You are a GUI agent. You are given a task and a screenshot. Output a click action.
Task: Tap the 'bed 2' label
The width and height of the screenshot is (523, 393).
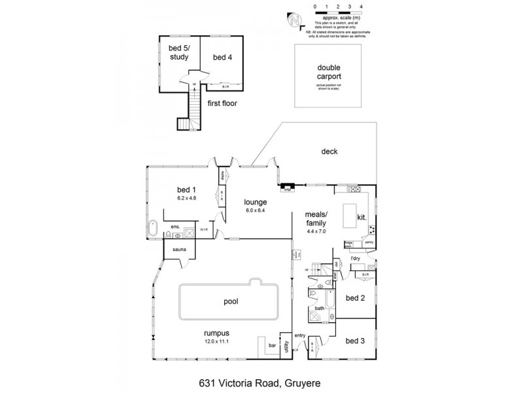354,297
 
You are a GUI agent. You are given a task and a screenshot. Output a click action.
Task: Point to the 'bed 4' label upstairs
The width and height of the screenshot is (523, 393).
222,58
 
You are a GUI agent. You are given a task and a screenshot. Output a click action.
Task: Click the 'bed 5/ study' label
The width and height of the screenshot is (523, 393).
179,53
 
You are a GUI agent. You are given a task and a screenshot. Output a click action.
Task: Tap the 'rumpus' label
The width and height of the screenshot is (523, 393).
216,333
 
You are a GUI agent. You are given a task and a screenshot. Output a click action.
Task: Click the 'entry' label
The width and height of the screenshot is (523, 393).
300,336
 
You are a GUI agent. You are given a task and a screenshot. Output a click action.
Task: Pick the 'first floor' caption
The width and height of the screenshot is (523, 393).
223,103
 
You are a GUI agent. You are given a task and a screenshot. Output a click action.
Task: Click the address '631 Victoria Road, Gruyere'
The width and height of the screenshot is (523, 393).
261,378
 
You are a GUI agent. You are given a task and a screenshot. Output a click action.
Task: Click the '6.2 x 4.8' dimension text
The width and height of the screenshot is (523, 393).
187,196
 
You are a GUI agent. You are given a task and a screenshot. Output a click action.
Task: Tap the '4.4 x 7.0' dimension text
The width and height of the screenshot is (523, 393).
320,231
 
